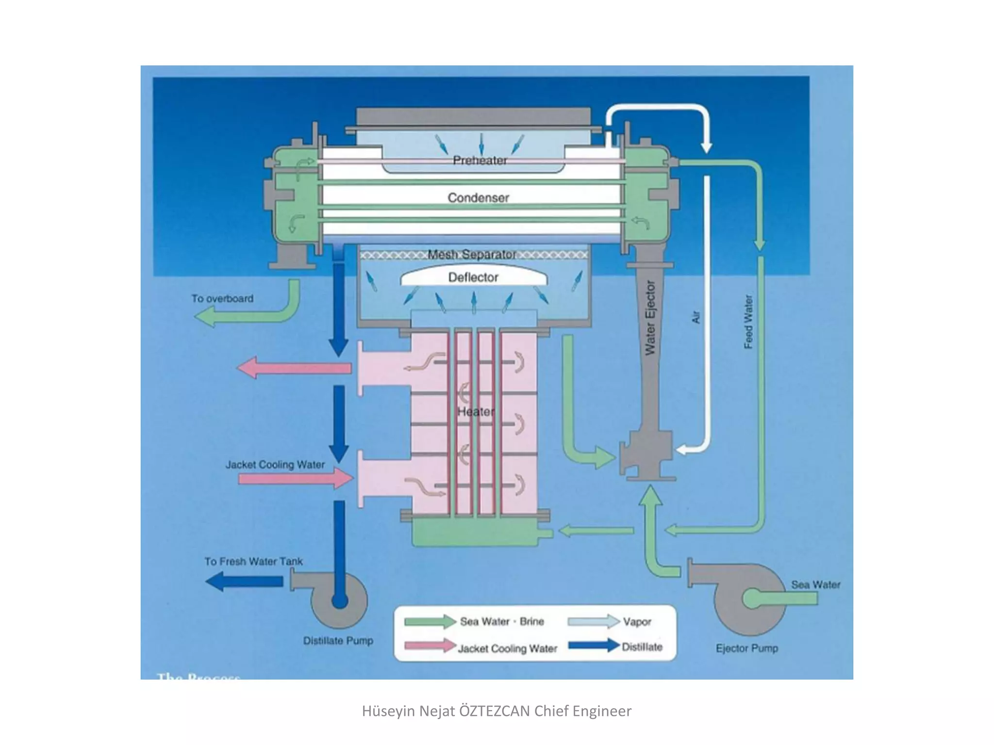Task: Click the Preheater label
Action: (x=480, y=161)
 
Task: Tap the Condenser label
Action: (x=478, y=198)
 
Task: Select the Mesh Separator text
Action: (x=472, y=255)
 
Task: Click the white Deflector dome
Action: (x=473, y=277)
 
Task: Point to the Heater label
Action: (x=476, y=412)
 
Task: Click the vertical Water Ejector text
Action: (x=650, y=318)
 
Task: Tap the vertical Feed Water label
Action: (x=748, y=322)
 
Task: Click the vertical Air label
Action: (x=696, y=318)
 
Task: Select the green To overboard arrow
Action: (x=243, y=315)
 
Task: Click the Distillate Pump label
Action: (x=338, y=641)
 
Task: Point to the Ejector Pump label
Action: (x=746, y=648)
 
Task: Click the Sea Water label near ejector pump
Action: (x=815, y=584)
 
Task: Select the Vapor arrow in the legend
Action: (x=594, y=621)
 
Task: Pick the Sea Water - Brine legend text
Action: (x=502, y=621)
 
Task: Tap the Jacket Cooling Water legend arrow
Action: (x=430, y=646)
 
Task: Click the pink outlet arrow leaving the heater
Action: (x=294, y=368)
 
